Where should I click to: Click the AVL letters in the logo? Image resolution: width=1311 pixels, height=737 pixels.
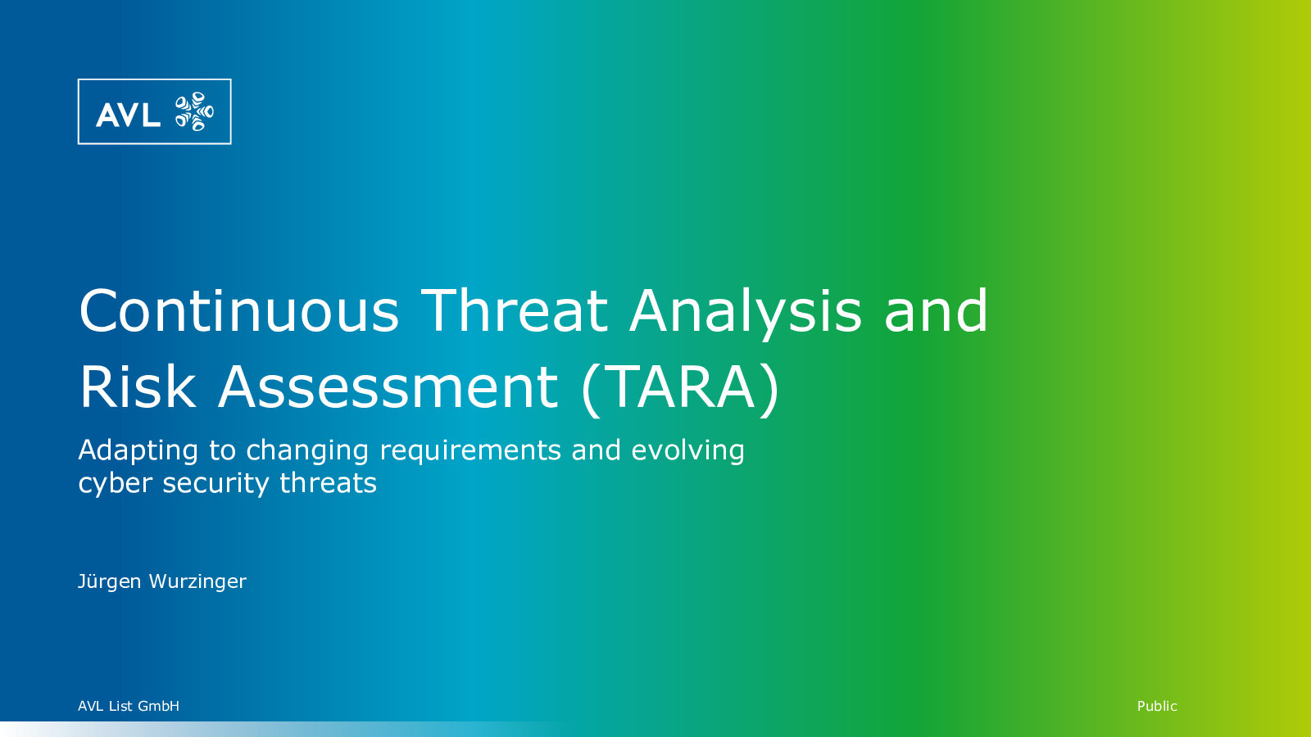[x=128, y=115]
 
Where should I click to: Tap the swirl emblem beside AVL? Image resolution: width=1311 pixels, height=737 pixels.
[x=194, y=111]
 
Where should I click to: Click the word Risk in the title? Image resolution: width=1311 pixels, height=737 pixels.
[x=138, y=386]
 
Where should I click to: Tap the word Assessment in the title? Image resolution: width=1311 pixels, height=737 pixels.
[x=388, y=387]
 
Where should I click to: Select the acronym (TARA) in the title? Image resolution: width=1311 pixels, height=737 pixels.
[x=680, y=389]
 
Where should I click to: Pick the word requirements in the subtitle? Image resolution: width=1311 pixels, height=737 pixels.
[x=470, y=452]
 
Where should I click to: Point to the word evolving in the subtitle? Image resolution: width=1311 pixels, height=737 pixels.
[x=687, y=452]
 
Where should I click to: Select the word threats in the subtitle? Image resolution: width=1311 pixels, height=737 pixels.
[x=328, y=483]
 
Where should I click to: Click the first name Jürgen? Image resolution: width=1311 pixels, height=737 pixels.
[x=110, y=582]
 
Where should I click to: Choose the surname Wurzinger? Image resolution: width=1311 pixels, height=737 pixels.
[x=197, y=582]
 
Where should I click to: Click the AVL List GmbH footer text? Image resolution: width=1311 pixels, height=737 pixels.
[x=129, y=706]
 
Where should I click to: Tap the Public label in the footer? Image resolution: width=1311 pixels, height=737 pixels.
[x=1157, y=706]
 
